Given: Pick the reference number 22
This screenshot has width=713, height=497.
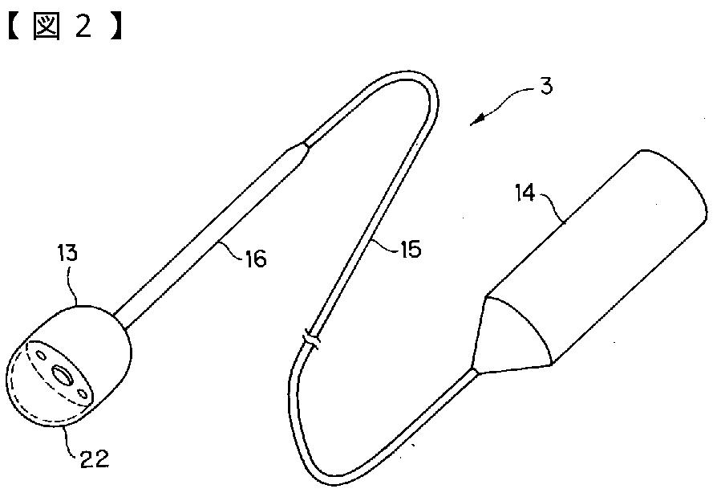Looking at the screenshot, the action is (95, 459).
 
